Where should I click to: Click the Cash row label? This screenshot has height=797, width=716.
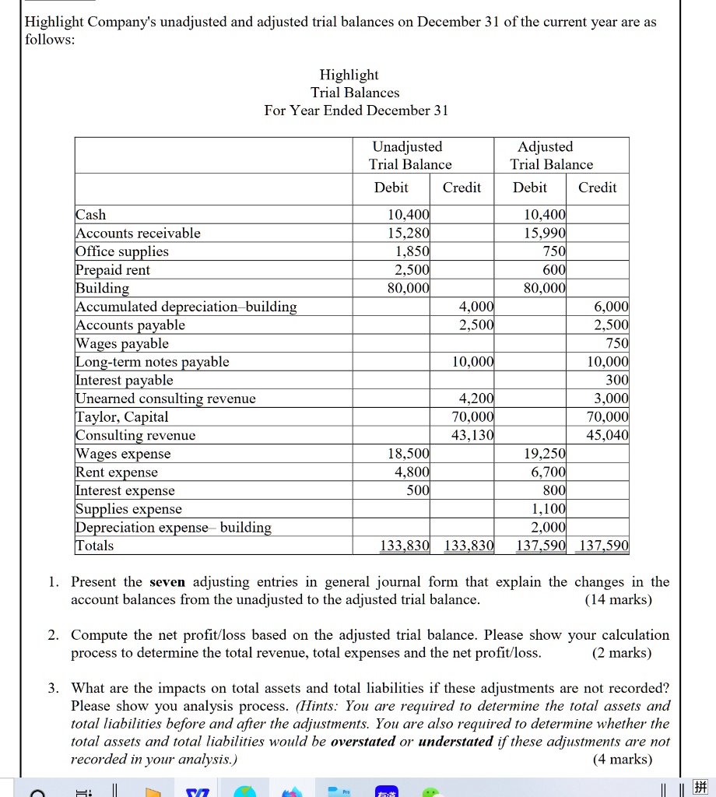pyautogui.click(x=91, y=215)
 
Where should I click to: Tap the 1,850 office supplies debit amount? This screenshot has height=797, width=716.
pyautogui.click(x=408, y=251)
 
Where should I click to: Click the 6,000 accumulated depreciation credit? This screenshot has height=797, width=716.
pyautogui.click(x=609, y=307)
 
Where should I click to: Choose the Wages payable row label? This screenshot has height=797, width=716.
pyautogui.click(x=122, y=343)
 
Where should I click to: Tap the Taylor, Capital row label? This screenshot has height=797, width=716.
pyautogui.click(x=122, y=417)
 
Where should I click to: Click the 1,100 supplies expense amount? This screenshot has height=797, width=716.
pyautogui.click(x=551, y=509)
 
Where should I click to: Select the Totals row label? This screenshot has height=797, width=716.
pyautogui.click(x=94, y=546)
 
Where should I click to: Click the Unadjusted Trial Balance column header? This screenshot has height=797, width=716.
pyautogui.click(x=409, y=156)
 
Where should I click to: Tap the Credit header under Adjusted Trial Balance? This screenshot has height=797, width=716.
pyautogui.click(x=597, y=188)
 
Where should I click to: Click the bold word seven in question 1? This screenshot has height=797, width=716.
pyautogui.click(x=167, y=582)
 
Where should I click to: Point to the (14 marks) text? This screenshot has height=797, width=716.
pyautogui.click(x=618, y=600)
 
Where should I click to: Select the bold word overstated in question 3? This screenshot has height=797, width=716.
pyautogui.click(x=363, y=742)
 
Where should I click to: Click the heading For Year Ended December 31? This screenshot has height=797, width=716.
pyautogui.click(x=356, y=111)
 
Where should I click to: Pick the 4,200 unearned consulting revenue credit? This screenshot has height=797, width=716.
pyautogui.click(x=476, y=398)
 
